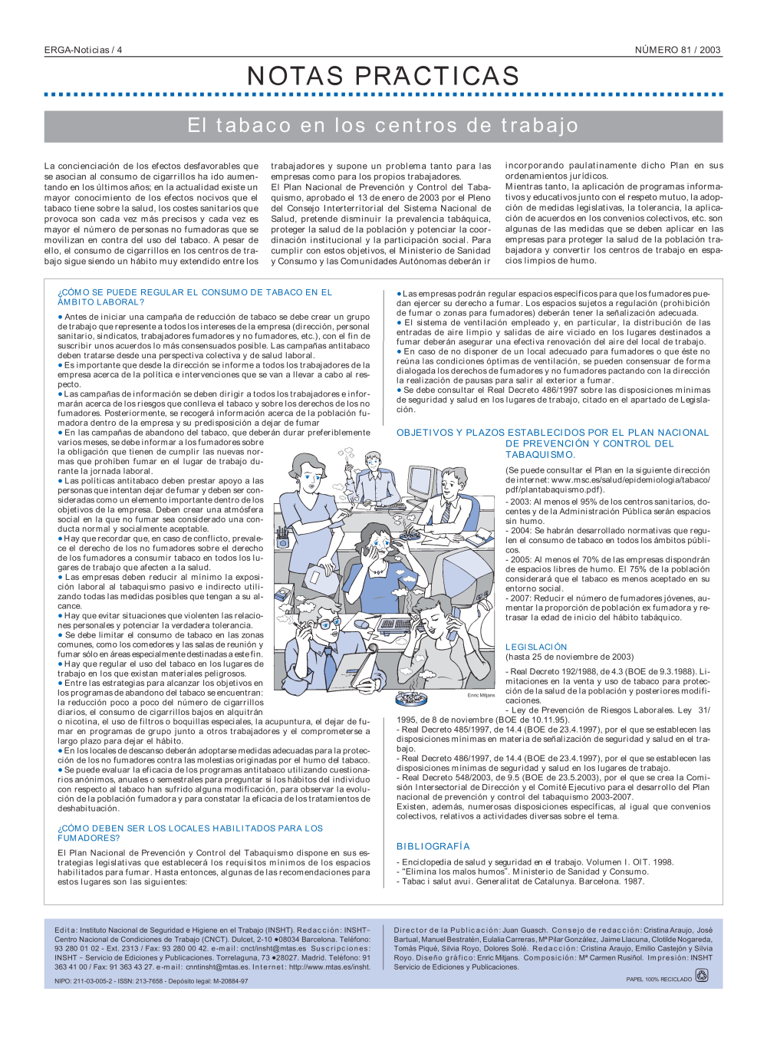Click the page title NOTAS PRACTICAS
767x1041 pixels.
coord(383,76)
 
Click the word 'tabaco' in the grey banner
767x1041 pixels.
coord(254,126)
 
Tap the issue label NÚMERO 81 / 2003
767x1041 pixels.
coord(677,50)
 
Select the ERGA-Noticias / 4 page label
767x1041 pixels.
coord(83,50)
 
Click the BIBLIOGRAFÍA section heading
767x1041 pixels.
coord(433,846)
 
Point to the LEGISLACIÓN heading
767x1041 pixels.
coord(536,647)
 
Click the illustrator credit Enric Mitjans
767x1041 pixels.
coord(481,695)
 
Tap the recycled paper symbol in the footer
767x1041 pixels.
coord(701,975)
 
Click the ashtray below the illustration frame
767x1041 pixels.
coord(410,698)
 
